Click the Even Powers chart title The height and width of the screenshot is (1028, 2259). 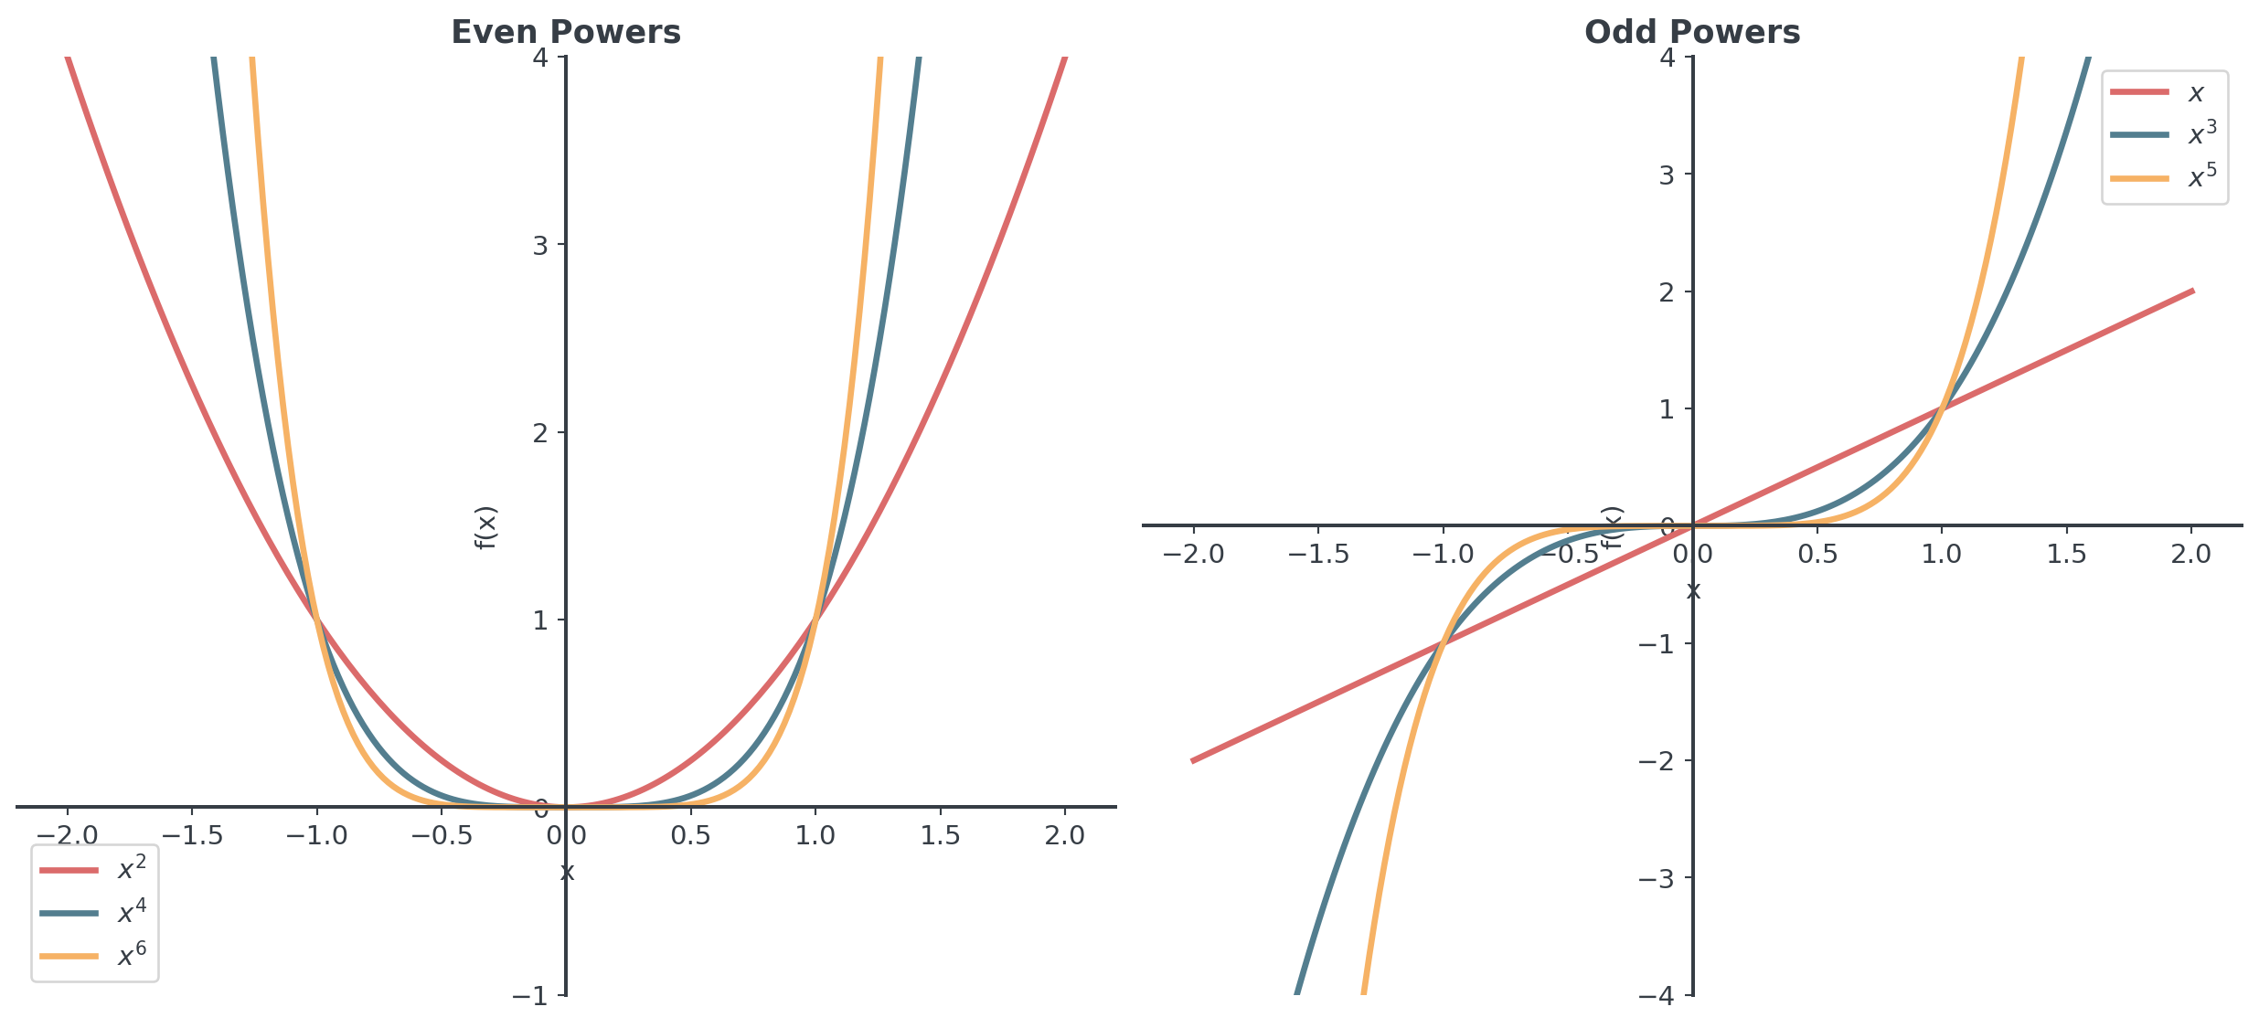[x=566, y=32]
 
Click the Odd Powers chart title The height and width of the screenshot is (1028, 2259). [x=1692, y=32]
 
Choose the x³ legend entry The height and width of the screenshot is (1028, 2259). [x=2165, y=134]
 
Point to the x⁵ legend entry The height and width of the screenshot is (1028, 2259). [x=2165, y=177]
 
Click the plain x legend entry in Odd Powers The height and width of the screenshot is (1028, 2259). [x=2158, y=91]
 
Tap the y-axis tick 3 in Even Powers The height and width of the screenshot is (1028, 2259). [x=540, y=245]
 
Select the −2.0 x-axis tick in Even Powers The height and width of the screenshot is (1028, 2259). [x=67, y=835]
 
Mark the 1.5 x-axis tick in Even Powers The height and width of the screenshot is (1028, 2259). [x=940, y=835]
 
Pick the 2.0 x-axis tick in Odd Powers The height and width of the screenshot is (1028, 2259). [x=2191, y=554]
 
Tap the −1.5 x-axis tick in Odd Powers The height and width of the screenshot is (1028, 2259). [x=1317, y=554]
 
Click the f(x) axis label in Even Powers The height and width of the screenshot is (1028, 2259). [x=485, y=527]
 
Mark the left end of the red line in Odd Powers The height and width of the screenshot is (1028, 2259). [x=1192, y=760]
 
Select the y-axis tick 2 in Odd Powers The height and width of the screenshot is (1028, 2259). [x=1667, y=291]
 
